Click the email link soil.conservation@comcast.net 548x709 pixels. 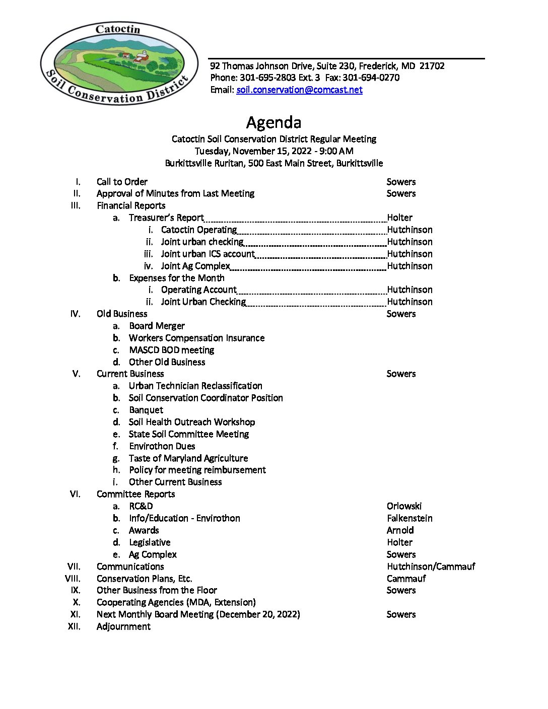point(299,90)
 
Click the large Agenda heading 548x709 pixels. point(273,122)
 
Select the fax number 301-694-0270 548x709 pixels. point(371,78)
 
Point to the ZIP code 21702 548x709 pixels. point(432,66)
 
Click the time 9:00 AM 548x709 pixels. point(336,151)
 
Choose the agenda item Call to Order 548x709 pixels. point(122,182)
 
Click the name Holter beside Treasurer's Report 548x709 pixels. point(399,218)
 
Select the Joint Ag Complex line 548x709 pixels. point(195,266)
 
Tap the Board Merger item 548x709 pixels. point(157,326)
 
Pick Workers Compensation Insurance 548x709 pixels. point(196,338)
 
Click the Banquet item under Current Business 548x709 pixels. point(146,410)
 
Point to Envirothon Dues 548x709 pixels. point(162,446)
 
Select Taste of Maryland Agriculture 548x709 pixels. point(188,458)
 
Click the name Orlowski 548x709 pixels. point(404,506)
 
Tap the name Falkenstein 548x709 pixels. point(409,518)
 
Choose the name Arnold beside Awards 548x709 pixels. point(400,530)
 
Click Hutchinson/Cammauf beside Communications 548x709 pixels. point(431,566)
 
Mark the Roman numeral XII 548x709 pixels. point(74,626)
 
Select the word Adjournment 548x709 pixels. point(123,626)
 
